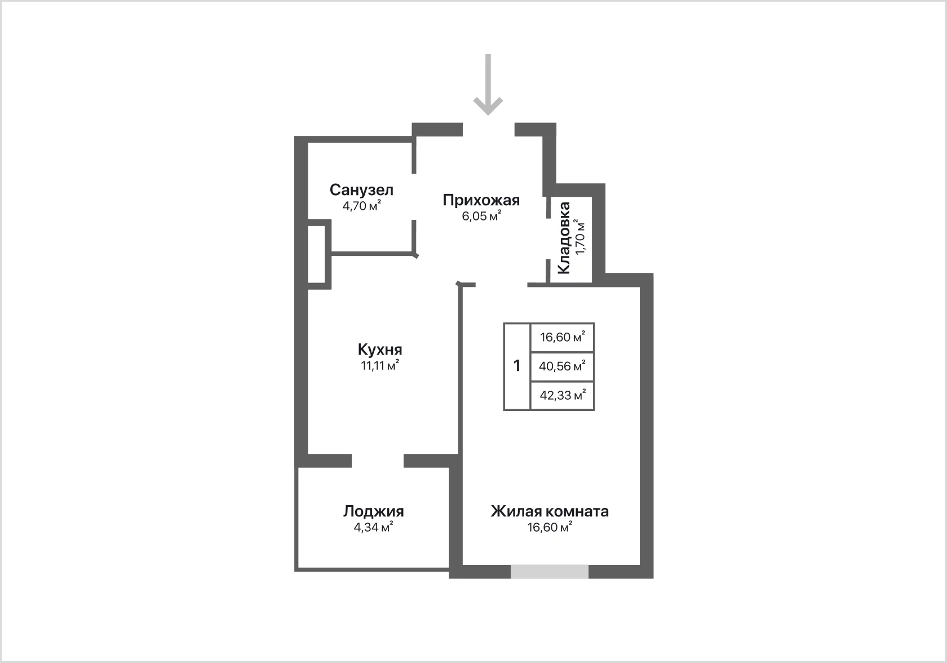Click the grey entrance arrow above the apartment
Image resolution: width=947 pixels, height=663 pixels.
(x=488, y=85)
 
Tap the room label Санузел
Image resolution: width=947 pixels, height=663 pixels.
(x=361, y=190)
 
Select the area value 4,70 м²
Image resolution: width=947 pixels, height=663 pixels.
(x=362, y=206)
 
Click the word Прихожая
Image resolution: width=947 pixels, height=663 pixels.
(x=481, y=200)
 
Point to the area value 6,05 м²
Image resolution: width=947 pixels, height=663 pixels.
(x=481, y=216)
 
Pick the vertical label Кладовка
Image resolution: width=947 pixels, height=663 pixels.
(x=564, y=238)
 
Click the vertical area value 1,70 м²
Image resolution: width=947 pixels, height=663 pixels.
(x=581, y=237)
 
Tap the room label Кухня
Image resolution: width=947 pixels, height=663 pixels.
(x=380, y=350)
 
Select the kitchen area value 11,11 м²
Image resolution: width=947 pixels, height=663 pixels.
(x=380, y=365)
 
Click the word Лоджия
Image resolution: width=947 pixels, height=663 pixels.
(x=373, y=512)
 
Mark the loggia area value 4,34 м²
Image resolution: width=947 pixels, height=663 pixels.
(x=373, y=527)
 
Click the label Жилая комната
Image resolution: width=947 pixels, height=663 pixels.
(x=550, y=512)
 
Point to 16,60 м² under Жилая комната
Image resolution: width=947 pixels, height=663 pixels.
(x=550, y=527)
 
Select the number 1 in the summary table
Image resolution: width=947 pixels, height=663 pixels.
(x=516, y=366)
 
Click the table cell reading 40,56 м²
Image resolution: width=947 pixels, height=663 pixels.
(x=563, y=366)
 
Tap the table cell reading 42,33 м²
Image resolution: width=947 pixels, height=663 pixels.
(x=563, y=395)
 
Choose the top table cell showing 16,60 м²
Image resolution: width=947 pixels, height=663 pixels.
(x=563, y=337)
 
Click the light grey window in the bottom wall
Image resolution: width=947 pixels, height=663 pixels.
(x=550, y=572)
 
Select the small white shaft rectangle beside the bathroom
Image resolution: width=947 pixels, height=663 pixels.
(x=316, y=254)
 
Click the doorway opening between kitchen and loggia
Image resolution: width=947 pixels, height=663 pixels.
(x=378, y=461)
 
